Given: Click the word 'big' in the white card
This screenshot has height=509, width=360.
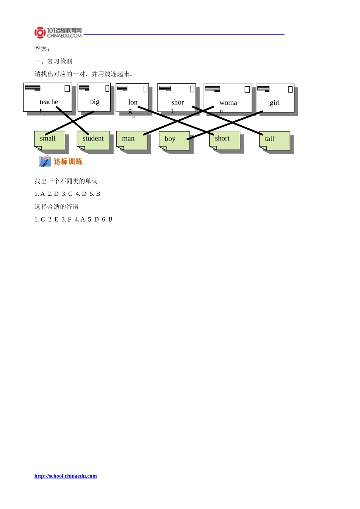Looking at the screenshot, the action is [x=95, y=102].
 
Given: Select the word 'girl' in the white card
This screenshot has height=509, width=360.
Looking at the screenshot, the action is [x=274, y=103].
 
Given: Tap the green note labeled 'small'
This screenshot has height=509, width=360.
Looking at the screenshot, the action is [x=50, y=140].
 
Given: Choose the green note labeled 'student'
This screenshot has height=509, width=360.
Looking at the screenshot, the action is [x=93, y=140].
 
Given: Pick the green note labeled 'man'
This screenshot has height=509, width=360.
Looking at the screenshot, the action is [x=131, y=140].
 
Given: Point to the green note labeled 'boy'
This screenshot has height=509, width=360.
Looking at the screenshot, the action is [x=174, y=141].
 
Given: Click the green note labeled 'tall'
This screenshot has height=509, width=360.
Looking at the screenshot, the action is [x=274, y=141].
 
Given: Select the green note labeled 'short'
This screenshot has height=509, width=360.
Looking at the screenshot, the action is [x=224, y=140].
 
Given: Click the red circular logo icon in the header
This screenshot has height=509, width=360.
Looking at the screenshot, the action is [x=40, y=33].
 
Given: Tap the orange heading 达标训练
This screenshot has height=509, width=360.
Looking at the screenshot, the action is [x=68, y=162].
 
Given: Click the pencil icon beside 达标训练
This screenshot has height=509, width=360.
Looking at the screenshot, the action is [x=45, y=161].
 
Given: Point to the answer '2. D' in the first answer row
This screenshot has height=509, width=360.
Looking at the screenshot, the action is [x=53, y=194].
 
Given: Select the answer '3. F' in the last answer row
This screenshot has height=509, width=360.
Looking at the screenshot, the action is [x=66, y=219].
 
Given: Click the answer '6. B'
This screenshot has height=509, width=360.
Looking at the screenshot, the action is [x=107, y=219].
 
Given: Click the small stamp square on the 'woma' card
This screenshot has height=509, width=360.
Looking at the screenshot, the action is [x=247, y=89].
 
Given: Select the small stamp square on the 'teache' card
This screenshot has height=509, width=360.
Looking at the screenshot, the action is [x=67, y=88].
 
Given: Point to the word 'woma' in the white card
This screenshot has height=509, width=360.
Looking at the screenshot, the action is [x=228, y=103].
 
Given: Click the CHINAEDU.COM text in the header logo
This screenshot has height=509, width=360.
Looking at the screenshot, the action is [x=64, y=36].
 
